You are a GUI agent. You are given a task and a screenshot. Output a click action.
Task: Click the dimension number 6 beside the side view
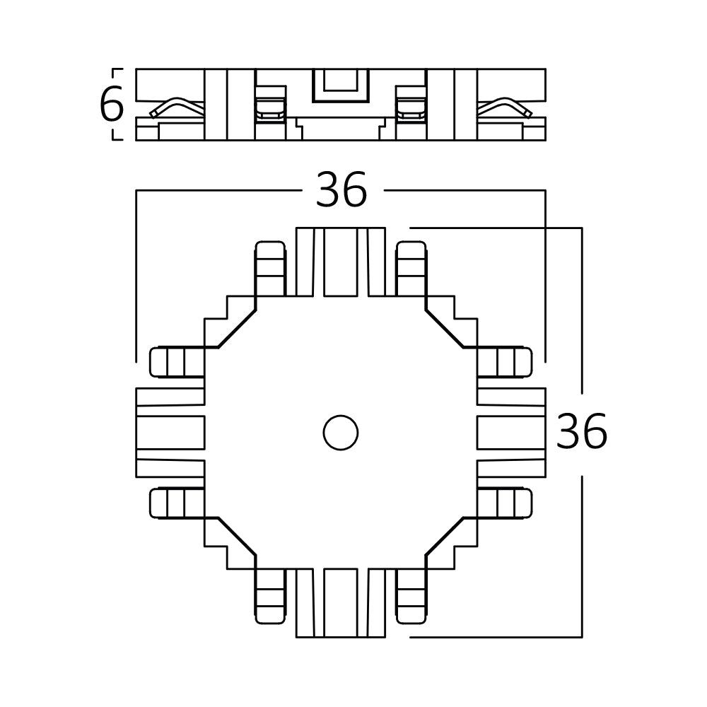coord(111,105)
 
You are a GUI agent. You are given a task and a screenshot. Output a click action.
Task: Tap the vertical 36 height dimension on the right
coord(581,433)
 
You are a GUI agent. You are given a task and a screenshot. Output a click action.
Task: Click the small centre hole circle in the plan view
coord(340,432)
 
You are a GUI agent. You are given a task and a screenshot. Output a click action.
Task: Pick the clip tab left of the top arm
coord(269,268)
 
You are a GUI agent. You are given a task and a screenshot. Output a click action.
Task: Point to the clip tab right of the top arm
coord(411,268)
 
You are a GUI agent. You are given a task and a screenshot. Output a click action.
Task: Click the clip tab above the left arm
coord(177,362)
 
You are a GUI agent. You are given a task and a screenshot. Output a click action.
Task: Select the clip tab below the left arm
coord(177,503)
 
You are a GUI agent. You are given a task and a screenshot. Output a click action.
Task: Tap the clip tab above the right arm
coord(504,362)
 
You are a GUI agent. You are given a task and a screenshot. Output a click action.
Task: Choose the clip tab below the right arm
coord(504,503)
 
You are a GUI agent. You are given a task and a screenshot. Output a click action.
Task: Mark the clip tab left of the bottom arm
coord(269,596)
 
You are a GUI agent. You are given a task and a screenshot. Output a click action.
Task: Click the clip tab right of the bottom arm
coord(411,596)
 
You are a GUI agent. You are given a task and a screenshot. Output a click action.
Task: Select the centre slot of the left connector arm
coord(170,432)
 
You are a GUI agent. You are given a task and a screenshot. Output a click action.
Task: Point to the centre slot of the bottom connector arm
coord(341,602)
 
